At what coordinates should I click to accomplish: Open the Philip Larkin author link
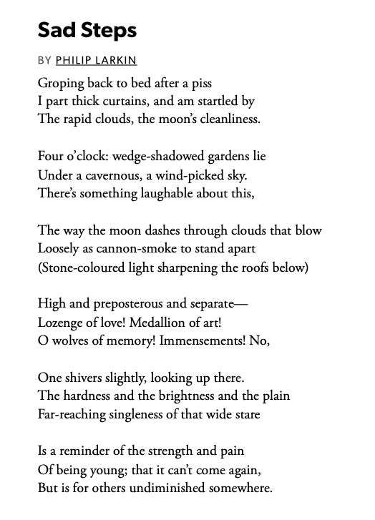96,60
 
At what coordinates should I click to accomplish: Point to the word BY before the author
45,60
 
